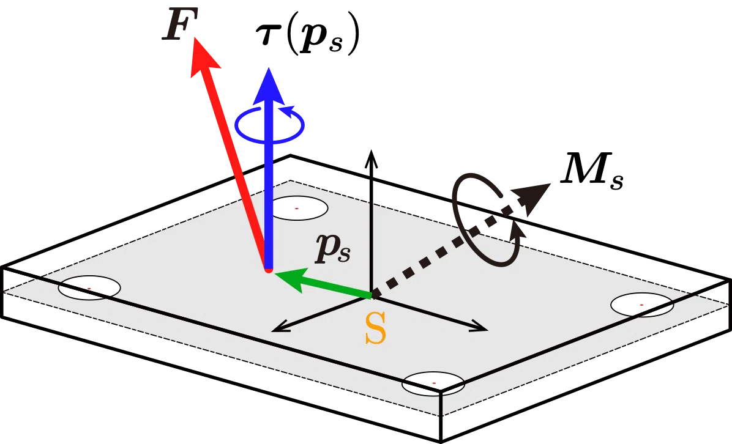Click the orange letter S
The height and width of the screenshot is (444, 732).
coord(376,328)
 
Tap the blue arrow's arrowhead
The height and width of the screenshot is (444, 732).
coord(269,86)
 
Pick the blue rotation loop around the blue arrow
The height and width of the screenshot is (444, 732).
coord(269,139)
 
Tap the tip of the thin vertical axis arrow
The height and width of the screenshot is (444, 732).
coord(371,150)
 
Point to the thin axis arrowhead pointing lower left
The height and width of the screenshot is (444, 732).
coord(280,325)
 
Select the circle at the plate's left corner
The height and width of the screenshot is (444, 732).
coord(89,288)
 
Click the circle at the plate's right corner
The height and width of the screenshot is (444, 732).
coord(642,305)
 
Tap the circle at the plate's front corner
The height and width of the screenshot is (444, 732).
coord(433,383)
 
